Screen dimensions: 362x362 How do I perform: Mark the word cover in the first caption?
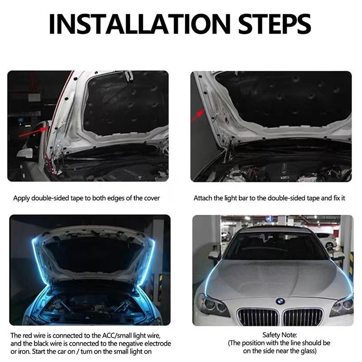pos(151,198)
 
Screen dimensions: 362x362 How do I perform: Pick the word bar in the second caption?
pos(246,198)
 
